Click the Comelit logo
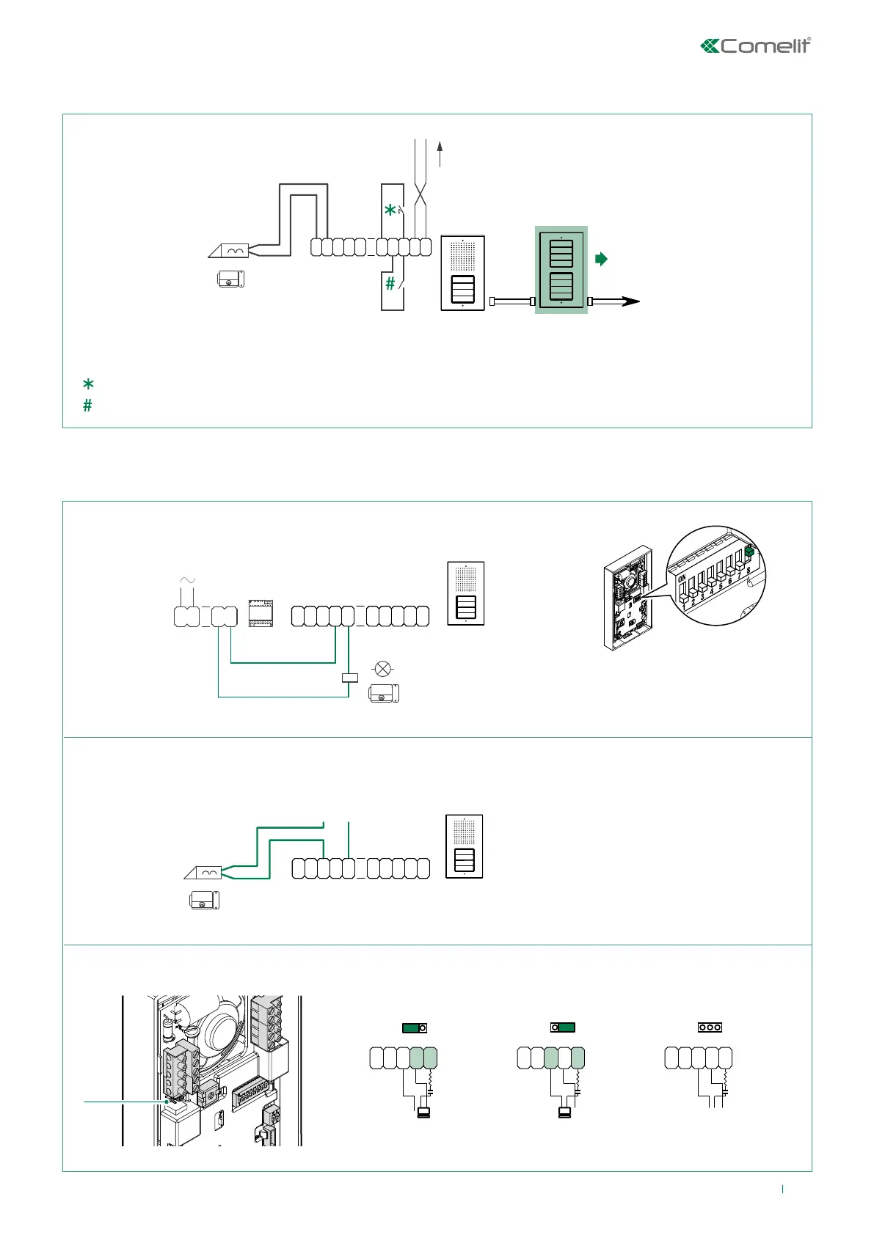click(756, 45)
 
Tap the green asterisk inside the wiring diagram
click(390, 210)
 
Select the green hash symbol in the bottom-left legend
click(87, 405)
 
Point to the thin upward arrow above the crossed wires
click(440, 153)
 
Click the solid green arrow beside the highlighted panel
click(602, 259)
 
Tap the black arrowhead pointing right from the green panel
click(631, 301)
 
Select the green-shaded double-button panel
click(561, 269)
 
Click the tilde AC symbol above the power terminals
click(188, 581)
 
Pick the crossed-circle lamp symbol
click(382, 668)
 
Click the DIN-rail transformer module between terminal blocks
click(261, 613)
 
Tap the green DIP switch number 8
click(749, 552)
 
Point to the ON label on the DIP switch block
click(682, 579)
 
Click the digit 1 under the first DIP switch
click(684, 606)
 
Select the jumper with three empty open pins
click(710, 1027)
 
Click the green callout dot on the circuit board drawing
click(168, 1101)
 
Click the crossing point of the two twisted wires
click(420, 195)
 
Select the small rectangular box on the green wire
click(350, 678)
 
